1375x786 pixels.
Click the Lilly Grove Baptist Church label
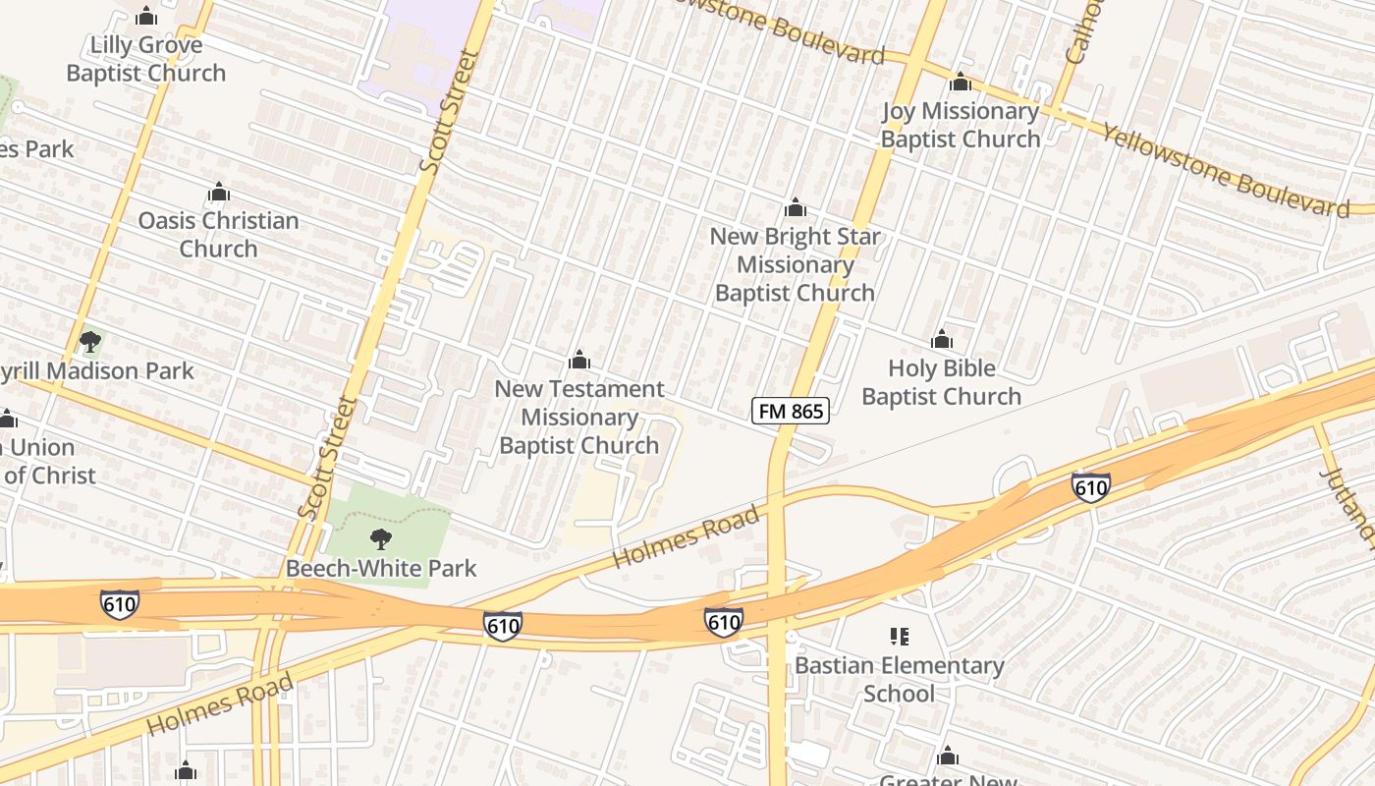pos(146,59)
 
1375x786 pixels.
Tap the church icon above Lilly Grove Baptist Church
pos(146,17)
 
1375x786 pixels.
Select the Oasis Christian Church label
pos(218,234)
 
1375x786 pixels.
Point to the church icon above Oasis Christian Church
pos(218,192)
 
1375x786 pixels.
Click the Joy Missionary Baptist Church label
pos(960,125)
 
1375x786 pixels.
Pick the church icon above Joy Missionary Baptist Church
pos(961,83)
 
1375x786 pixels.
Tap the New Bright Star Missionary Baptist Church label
pos(795,264)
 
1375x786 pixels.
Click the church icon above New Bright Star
pos(796,208)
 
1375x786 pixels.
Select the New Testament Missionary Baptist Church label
pos(578,417)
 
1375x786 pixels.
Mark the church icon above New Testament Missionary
pos(579,360)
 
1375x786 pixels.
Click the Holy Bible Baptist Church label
pos(941,382)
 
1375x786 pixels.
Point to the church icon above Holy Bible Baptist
pos(942,340)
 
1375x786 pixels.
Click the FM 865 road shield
pos(791,411)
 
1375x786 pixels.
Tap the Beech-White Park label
pos(381,568)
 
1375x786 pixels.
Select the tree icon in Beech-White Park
pos(381,538)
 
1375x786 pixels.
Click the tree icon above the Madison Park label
pos(90,342)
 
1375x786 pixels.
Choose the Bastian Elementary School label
pos(899,679)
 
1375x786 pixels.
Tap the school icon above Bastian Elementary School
pos(899,637)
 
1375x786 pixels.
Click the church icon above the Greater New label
pos(948,757)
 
